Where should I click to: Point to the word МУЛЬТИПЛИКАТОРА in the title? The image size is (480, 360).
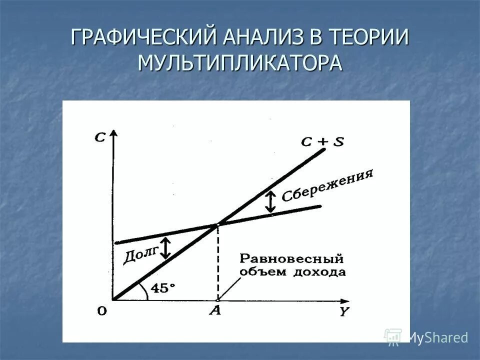(240, 63)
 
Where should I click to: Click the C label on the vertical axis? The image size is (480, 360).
(100, 137)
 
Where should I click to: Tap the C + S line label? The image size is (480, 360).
(322, 141)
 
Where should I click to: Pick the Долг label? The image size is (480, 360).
(140, 252)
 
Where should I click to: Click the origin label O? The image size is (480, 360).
(102, 311)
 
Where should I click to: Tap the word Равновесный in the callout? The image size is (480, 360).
(292, 259)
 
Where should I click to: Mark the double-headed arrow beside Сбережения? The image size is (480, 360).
(270, 202)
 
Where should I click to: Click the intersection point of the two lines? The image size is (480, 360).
(217, 225)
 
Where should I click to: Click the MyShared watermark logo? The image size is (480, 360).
(426, 337)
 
